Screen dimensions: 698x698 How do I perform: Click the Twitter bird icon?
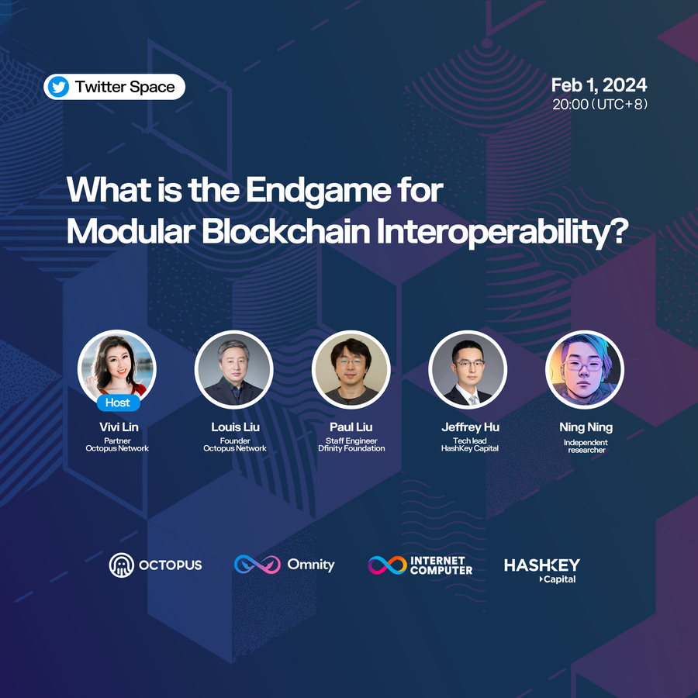click(58, 87)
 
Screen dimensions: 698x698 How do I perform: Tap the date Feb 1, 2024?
click(600, 85)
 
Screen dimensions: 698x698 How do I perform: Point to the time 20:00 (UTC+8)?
click(600, 104)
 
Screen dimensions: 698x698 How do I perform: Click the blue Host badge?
click(119, 403)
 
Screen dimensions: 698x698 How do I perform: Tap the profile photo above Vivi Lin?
click(116, 368)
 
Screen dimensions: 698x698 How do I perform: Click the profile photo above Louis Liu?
click(234, 369)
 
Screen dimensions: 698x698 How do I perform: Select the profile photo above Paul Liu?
click(351, 369)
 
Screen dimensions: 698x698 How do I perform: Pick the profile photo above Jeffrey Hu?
click(468, 369)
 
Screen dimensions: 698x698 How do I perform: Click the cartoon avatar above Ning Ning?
click(585, 369)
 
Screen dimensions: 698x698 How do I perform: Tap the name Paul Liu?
click(351, 427)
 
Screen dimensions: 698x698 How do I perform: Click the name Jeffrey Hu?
click(471, 427)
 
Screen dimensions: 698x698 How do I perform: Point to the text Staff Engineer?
click(351, 441)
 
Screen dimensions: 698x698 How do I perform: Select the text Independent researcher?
click(586, 446)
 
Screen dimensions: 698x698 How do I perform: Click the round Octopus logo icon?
click(122, 565)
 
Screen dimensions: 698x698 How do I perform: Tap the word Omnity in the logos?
click(311, 565)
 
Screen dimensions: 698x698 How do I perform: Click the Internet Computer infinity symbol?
click(387, 565)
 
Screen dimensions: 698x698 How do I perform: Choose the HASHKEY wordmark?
click(542, 565)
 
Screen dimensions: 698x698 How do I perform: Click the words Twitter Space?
click(125, 87)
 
